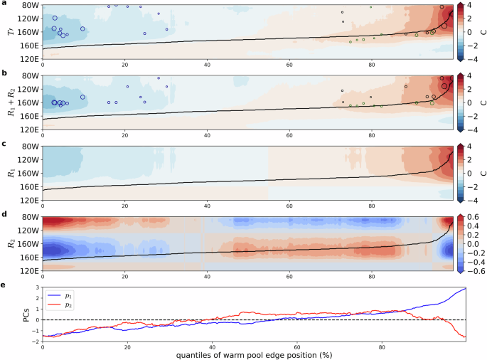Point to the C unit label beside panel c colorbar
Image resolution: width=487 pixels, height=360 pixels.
click(481, 172)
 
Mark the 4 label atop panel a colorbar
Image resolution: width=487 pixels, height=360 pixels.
click(471, 6)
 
